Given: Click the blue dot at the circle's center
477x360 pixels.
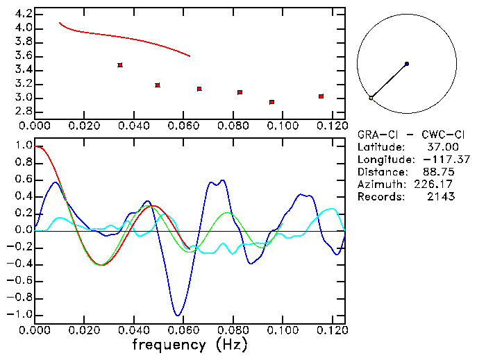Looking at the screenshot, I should click(x=406, y=64).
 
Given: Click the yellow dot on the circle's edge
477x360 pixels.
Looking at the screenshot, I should click(x=371, y=98).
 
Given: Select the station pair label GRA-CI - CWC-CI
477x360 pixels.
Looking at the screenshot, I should click(x=405, y=135).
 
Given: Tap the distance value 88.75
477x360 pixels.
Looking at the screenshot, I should click(x=440, y=172).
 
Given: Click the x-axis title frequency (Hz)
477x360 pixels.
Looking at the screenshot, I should click(x=189, y=345).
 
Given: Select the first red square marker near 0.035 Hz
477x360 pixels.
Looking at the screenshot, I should click(x=120, y=65).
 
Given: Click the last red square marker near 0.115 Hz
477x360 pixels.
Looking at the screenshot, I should click(x=321, y=96).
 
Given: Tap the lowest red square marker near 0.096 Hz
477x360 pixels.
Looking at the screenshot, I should click(x=271, y=102).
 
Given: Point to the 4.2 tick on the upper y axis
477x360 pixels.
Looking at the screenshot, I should click(x=23, y=14).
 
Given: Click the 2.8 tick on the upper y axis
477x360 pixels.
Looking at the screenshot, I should click(x=23, y=112).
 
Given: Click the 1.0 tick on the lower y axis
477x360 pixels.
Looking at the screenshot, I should click(x=23, y=146).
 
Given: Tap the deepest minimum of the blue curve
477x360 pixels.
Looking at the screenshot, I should click(x=178, y=315).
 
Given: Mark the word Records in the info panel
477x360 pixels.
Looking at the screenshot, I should click(x=380, y=197).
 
